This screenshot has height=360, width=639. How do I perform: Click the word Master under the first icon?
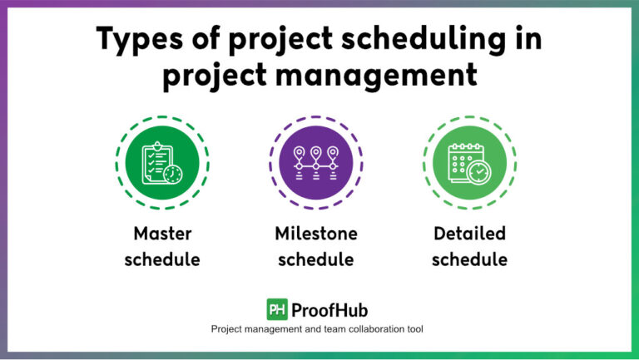162,233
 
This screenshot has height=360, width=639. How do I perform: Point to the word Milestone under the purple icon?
315,233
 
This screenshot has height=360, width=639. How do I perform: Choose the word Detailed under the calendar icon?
468,233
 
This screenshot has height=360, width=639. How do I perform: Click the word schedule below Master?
162,259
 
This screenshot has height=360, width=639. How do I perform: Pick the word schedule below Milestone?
315,259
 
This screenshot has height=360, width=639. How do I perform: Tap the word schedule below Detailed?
468,259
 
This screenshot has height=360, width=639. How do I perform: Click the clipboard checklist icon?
158,161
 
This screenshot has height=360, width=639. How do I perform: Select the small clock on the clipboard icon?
173,174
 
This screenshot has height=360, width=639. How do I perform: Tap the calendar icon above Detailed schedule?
466,161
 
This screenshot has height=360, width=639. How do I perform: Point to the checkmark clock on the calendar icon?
480,172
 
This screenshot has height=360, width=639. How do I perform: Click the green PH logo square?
277,309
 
